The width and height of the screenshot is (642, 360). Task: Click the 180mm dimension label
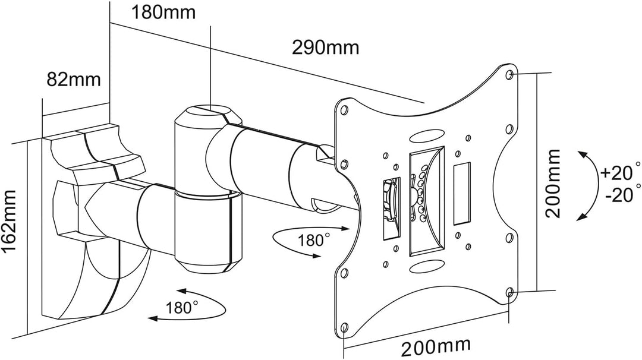pos(163,12)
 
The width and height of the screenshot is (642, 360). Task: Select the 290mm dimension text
pos(325,48)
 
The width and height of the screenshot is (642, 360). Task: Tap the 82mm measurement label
pos(74,80)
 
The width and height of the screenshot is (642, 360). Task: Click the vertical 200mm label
pos(552,184)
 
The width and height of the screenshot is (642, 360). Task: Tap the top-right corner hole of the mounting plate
pos(510,74)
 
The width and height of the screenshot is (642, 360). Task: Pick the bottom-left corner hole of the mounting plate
pos(344,328)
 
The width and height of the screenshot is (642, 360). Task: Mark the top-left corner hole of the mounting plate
pos(344,110)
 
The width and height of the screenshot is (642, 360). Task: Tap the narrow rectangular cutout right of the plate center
pos(461,193)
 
